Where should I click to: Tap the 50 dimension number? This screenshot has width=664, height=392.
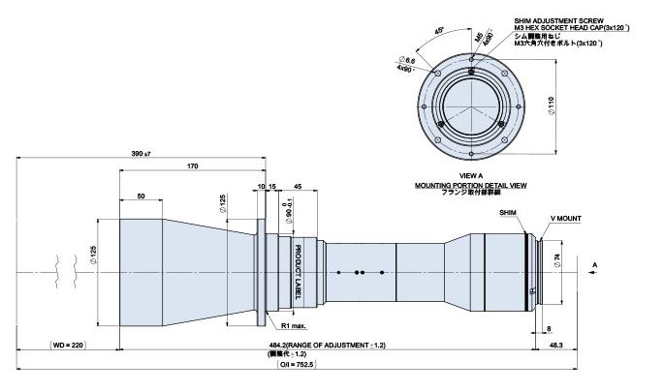tap(142, 196)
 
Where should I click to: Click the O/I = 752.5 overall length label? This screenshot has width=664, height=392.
tap(332, 365)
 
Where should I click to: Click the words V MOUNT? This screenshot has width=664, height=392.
tap(565, 219)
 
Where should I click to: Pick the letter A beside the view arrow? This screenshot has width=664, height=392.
tap(594, 262)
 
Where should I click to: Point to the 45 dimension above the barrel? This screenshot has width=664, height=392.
tap(297, 186)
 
